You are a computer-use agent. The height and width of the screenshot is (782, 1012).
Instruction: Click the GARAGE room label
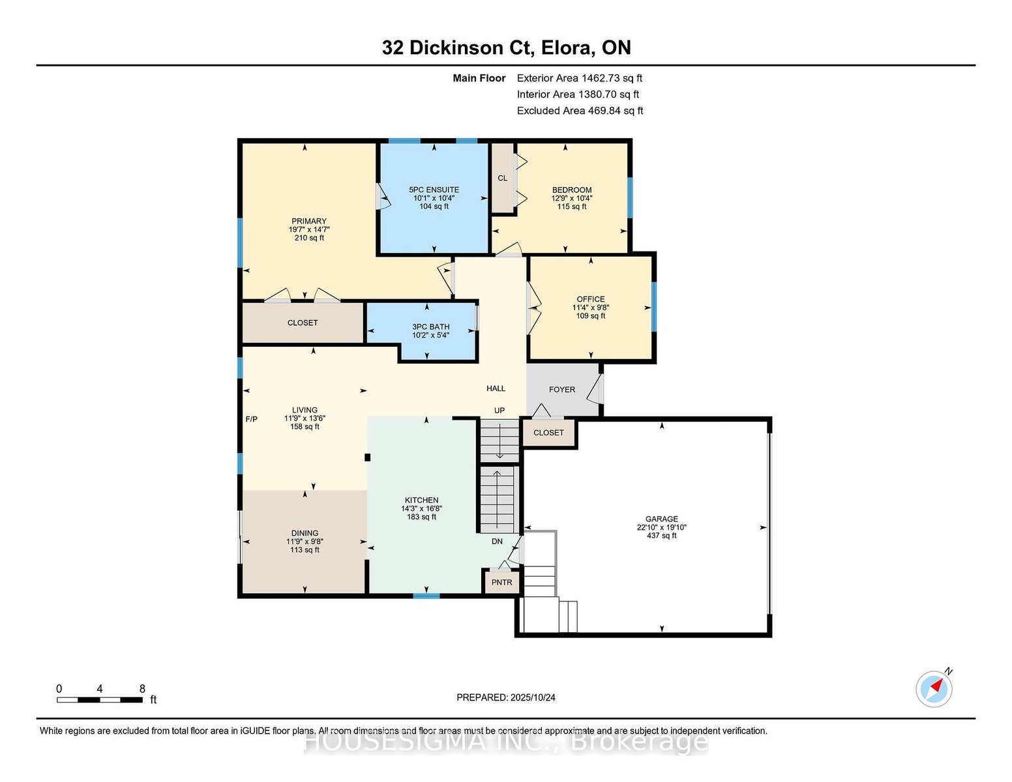click(x=661, y=519)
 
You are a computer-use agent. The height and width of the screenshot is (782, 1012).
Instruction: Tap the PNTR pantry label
click(x=501, y=583)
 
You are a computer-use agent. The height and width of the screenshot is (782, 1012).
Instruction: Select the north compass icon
click(x=934, y=689)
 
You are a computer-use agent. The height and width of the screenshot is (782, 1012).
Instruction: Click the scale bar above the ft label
click(x=100, y=700)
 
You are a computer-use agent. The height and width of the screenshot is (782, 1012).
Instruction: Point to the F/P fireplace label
click(x=252, y=419)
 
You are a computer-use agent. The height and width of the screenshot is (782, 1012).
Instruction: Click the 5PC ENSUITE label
click(x=434, y=190)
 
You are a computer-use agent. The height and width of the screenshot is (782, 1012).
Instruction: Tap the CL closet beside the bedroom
click(x=503, y=178)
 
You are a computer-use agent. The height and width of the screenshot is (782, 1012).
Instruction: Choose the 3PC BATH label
click(x=431, y=326)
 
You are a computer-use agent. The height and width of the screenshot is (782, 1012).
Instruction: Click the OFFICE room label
click(x=591, y=299)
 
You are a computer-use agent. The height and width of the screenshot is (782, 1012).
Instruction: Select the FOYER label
click(x=562, y=390)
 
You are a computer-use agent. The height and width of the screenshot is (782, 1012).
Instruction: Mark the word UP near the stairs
click(x=499, y=411)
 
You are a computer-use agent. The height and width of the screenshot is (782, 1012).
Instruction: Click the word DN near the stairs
click(x=498, y=541)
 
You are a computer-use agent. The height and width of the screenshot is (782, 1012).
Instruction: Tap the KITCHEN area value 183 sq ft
click(x=421, y=517)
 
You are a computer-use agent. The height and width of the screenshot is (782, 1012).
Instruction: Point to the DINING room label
click(x=305, y=533)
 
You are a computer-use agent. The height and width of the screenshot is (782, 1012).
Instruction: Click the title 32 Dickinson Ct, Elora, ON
click(x=506, y=48)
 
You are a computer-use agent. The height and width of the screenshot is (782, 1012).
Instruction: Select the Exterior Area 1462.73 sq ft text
click(x=579, y=78)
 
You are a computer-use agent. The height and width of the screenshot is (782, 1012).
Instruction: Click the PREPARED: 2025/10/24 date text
click(x=506, y=697)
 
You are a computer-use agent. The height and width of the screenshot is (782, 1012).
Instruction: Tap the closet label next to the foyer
click(x=548, y=433)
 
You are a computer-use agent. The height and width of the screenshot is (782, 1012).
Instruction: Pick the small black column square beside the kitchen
click(x=368, y=457)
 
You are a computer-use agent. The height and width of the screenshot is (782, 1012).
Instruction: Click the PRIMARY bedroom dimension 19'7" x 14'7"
click(x=309, y=229)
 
